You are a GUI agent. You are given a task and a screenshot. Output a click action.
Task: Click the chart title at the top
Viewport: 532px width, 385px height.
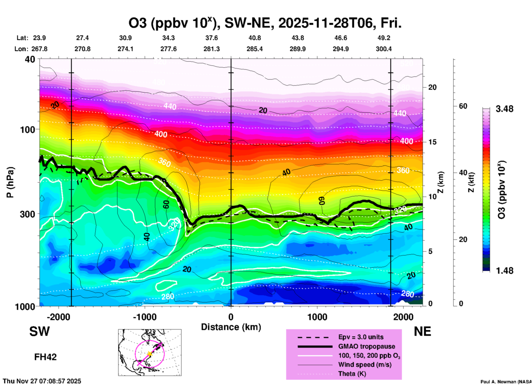click(x=265, y=23)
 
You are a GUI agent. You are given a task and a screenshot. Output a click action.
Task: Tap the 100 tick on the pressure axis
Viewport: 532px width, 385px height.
click(x=28, y=129)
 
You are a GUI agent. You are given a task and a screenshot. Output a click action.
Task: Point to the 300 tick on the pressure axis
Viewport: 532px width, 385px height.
click(x=28, y=214)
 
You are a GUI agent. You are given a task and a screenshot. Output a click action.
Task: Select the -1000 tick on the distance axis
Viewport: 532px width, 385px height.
click(x=144, y=317)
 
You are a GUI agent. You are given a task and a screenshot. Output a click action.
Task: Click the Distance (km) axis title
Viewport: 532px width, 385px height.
click(x=231, y=327)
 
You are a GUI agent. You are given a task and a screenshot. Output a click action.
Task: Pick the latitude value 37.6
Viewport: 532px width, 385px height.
click(x=212, y=38)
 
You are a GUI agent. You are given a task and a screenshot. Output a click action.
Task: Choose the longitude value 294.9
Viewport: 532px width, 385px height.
click(x=341, y=49)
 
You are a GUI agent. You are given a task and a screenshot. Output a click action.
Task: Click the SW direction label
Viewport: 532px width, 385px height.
click(x=39, y=331)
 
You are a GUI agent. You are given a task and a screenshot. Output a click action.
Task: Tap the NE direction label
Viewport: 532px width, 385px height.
click(x=422, y=331)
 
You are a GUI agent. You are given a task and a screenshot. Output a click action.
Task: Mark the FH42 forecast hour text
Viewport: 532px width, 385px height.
click(x=45, y=357)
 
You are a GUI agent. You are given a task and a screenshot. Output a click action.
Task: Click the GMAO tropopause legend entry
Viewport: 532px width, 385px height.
click(x=367, y=346)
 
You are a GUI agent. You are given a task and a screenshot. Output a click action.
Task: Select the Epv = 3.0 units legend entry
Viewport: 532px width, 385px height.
click(x=361, y=337)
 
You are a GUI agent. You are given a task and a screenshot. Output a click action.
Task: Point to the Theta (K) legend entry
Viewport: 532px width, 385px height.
click(x=352, y=374)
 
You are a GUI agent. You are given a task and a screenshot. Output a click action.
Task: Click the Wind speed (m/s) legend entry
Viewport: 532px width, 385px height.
click(x=365, y=365)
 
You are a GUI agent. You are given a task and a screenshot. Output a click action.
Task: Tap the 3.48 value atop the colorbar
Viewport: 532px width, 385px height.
click(x=504, y=109)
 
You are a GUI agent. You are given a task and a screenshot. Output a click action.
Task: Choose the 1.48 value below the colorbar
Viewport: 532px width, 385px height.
click(x=504, y=271)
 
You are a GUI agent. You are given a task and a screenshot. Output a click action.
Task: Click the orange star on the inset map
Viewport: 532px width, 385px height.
click(x=149, y=354)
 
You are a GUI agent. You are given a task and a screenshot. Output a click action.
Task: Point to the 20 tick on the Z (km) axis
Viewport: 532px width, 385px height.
click(x=432, y=87)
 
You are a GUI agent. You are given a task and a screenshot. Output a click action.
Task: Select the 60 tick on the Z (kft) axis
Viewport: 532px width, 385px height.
click(x=463, y=106)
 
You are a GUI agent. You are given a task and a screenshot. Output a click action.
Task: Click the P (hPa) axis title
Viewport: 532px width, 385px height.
click(x=10, y=182)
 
